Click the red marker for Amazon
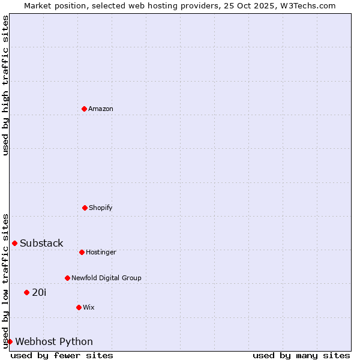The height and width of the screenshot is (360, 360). pos(84,109)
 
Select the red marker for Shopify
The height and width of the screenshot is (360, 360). pos(85,208)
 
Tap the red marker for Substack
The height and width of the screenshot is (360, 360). pos(14,243)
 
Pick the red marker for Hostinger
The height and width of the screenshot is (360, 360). pos(82,252)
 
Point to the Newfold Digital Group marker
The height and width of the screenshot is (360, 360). pos(67,278)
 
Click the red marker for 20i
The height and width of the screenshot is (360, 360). pos(26,292)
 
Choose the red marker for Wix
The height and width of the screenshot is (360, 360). pos(79,307)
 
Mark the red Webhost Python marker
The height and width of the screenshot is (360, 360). pos(10,341)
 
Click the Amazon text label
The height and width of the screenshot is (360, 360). pos(101,109)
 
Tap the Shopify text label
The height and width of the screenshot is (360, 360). pos(101,208)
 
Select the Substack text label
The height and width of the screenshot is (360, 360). pos(41,243)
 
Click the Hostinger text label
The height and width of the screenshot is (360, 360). pos(101,252)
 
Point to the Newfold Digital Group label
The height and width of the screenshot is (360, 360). pos(106,278)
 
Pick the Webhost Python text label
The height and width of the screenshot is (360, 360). pos(54,341)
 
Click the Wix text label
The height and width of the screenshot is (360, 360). pos(89,307)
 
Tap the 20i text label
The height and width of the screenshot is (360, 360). pos(39,292)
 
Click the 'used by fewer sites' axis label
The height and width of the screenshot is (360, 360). pos(62,355)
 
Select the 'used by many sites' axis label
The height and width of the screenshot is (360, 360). pos(301,355)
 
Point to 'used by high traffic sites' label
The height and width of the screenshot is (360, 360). pos(5,85)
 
